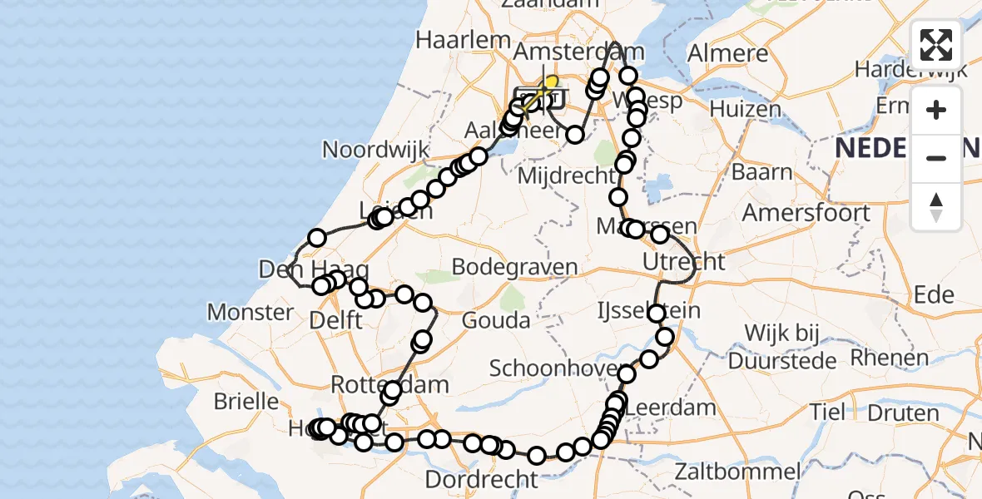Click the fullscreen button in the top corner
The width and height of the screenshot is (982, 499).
point(936,45)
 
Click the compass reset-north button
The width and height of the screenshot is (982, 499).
point(936,206)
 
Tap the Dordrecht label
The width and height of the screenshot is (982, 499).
point(482,479)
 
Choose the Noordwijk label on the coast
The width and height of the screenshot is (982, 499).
point(375,151)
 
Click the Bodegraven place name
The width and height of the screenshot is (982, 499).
point(514,267)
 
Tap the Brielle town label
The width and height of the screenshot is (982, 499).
point(245,401)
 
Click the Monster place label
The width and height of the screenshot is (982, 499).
point(250,313)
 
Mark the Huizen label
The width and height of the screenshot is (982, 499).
point(746,109)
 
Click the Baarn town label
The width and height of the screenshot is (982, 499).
point(762,172)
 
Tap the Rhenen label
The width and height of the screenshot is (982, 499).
point(888,358)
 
